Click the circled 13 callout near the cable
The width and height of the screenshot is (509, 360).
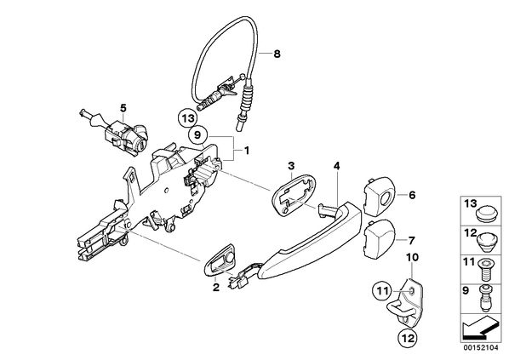187,118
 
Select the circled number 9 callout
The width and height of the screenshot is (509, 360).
198,134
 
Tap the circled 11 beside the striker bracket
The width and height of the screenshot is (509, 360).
382,291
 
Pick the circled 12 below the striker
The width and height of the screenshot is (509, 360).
408,339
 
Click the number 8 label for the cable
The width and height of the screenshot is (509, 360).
277,54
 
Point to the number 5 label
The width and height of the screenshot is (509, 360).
123,107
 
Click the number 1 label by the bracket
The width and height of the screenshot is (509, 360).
247,151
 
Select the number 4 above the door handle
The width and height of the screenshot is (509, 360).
336,166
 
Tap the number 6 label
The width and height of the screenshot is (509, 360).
412,195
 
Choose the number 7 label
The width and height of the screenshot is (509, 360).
411,241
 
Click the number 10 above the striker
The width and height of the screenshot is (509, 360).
412,257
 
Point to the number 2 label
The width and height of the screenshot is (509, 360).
216,288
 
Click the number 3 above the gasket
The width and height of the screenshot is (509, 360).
291,166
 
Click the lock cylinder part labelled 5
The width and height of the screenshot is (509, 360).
115,134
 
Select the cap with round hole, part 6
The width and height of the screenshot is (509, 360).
380,196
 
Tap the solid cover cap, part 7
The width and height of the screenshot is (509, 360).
380,238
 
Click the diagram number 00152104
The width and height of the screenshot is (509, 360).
481,348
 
